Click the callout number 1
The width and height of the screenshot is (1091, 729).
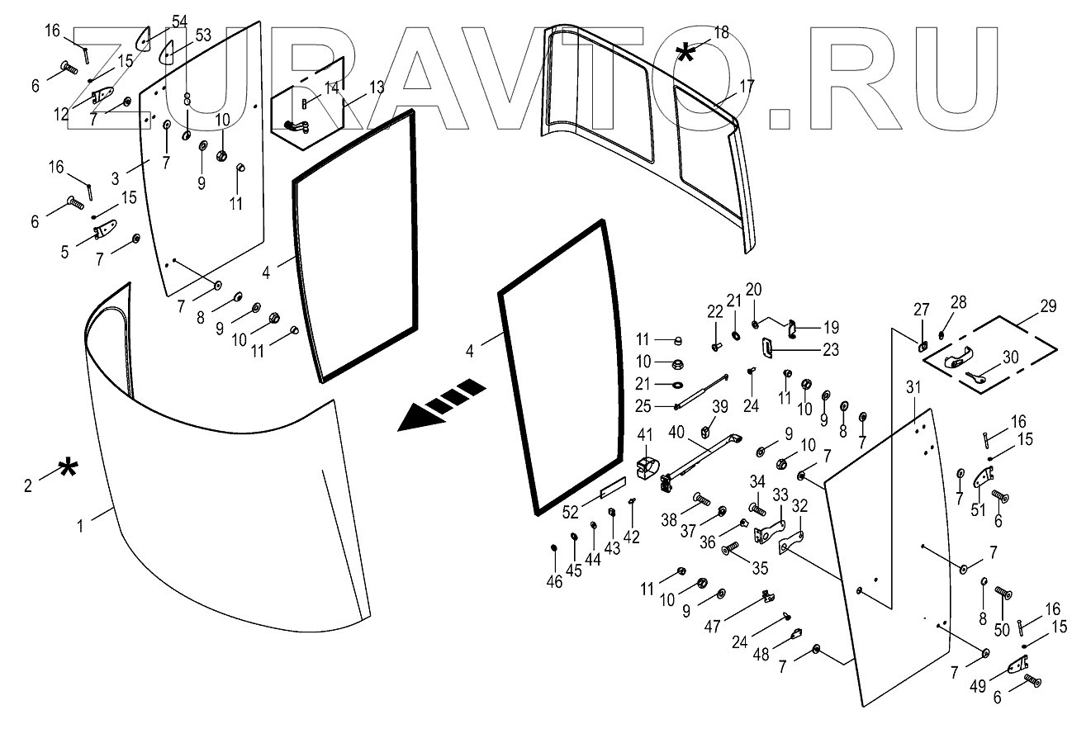tap(80, 524)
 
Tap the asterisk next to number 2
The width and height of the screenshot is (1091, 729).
tap(68, 471)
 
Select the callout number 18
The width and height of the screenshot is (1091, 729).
tap(721, 32)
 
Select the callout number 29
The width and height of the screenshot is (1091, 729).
tap(1048, 306)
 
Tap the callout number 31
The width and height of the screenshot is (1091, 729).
tap(912, 387)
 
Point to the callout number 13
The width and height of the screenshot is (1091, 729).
tap(377, 87)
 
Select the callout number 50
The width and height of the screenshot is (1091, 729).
tap(1003, 630)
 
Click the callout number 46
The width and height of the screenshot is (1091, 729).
tap(554, 581)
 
